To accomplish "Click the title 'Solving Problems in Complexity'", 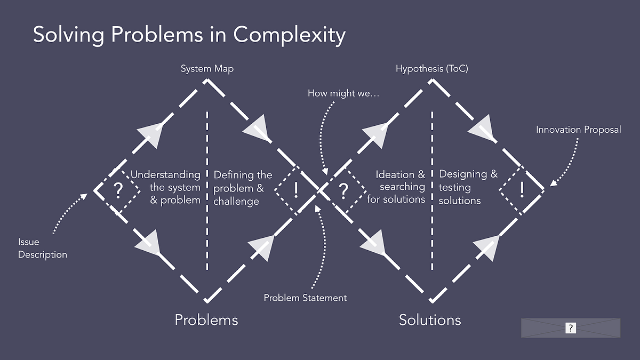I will tap(189, 35).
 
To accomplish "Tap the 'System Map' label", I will tap(207, 69).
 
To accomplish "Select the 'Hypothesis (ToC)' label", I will tap(431, 69).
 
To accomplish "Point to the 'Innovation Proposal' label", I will tap(578, 130).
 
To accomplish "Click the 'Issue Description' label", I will tap(43, 249).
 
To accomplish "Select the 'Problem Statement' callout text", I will tap(305, 298).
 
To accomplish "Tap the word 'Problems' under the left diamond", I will tap(206, 319).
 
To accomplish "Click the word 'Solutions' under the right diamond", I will tap(430, 319).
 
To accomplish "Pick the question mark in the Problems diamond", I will tap(118, 189).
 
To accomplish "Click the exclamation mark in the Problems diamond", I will tap(295, 189).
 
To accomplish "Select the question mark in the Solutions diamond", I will tap(344, 189).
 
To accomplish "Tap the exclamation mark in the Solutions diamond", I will tap(521, 189).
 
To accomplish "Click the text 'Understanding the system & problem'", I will tap(166, 187).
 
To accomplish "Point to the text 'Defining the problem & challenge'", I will tap(243, 188).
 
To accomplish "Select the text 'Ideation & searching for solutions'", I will tap(396, 187).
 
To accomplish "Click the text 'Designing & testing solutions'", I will tap(468, 187).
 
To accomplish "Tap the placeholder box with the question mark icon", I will tap(571, 328).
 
